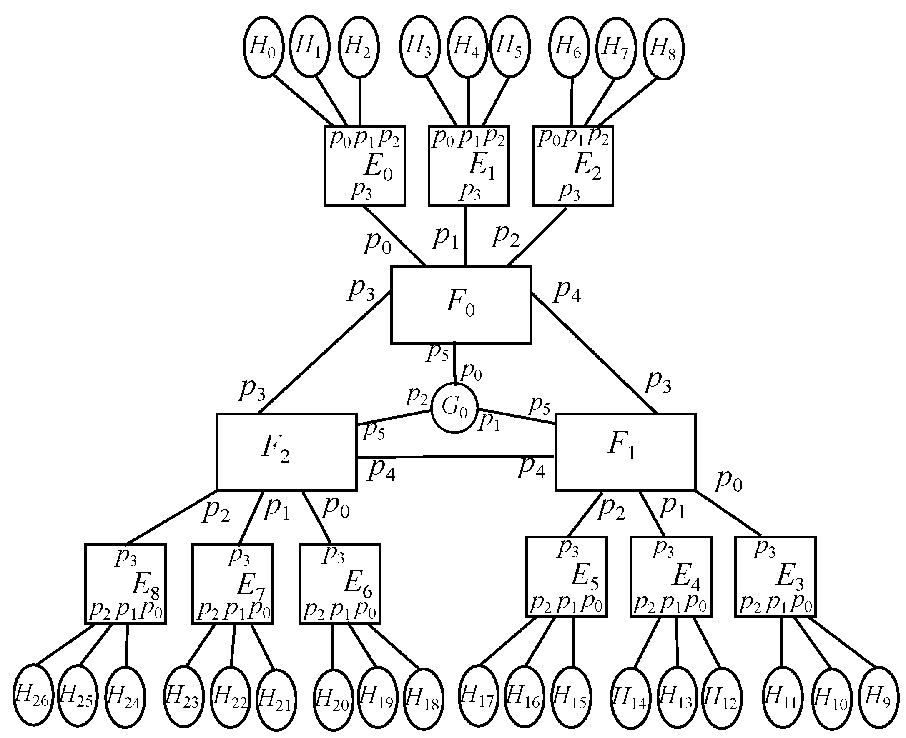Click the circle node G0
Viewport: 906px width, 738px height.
tap(454, 408)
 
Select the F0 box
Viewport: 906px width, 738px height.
tap(461, 304)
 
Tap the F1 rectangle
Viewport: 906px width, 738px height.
tap(625, 452)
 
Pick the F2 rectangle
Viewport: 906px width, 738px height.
tap(286, 452)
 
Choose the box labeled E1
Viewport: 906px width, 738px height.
tap(469, 166)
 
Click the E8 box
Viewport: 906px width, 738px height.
tap(125, 584)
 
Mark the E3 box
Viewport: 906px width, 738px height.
tap(775, 576)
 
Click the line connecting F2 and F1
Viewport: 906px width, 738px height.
tap(455, 457)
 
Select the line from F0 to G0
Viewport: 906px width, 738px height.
tap(455, 364)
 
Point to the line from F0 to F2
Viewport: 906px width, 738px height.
tap(325, 352)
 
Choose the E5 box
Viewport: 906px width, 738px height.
tap(566, 576)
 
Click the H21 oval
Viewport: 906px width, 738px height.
tap(276, 700)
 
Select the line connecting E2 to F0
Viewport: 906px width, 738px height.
tap(537, 237)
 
